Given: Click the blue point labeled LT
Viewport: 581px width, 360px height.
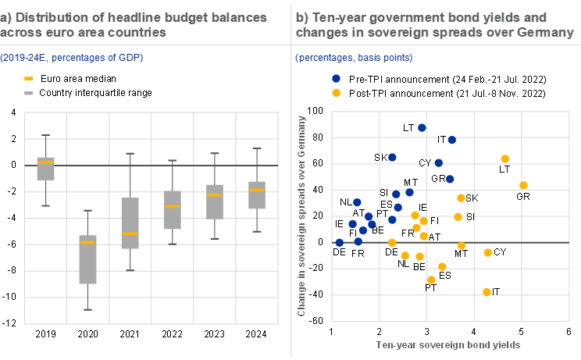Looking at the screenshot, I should point(422,128).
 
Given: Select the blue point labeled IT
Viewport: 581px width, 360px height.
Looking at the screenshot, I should point(451,140).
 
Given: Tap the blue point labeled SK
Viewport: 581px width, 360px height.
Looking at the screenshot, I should point(392,157).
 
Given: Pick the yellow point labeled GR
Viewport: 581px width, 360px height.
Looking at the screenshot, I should point(523,185).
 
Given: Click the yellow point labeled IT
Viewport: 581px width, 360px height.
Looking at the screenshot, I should point(487,292).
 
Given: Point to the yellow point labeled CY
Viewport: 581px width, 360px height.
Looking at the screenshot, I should point(488,252).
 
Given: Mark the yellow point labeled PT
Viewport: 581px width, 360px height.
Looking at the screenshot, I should point(431,280).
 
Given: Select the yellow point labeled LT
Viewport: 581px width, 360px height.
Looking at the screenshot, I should point(505,159).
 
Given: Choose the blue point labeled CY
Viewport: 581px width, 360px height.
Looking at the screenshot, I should point(439,163).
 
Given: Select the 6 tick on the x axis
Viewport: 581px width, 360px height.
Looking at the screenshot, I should point(569,333).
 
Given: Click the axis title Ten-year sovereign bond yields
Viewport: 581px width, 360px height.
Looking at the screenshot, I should point(448,344).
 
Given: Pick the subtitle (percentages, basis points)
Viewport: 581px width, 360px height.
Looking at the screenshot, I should point(355,58).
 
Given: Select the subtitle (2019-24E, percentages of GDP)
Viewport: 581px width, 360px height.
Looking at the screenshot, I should point(71,58).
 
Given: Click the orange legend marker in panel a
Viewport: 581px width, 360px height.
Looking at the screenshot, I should point(29,79).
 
